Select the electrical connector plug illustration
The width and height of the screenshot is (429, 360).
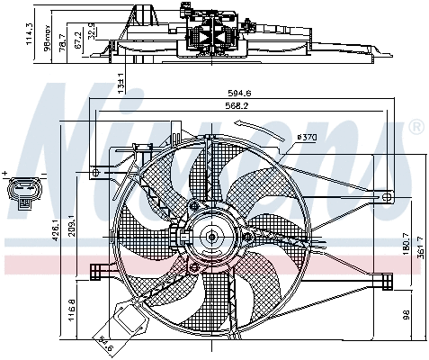[x=23, y=193]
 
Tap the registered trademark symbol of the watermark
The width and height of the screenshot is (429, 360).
[x=416, y=129]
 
